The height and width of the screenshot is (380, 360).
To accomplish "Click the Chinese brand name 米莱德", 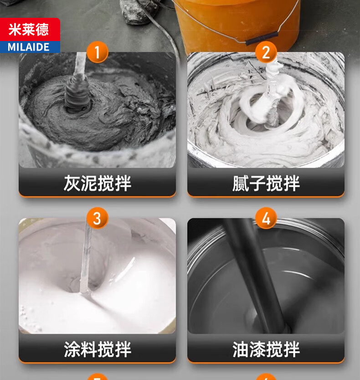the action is [29, 30].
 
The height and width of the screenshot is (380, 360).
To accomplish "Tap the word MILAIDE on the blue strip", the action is [29, 47].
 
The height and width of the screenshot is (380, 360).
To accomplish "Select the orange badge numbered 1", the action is [97, 52].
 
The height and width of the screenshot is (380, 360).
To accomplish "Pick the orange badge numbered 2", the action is [266, 52].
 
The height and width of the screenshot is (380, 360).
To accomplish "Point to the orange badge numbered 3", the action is [97, 218].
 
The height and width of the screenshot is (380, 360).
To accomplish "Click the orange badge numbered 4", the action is [266, 218].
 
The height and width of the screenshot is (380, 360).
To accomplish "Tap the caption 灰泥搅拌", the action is [98, 183].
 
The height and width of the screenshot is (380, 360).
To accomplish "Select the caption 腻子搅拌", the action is [266, 183].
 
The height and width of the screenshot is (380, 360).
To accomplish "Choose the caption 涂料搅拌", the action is [98, 349].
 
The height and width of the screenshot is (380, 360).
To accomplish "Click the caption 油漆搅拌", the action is [266, 349].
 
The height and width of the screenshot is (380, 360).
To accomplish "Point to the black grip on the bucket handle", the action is [261, 38].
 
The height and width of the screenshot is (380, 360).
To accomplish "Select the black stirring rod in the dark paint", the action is [257, 276].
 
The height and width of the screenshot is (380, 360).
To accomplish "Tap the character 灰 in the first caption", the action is [72, 183].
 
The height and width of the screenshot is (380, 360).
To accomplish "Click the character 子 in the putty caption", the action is [257, 183].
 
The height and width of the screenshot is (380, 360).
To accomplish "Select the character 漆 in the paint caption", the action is [257, 349].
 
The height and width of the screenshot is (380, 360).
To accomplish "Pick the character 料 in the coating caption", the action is [89, 349].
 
